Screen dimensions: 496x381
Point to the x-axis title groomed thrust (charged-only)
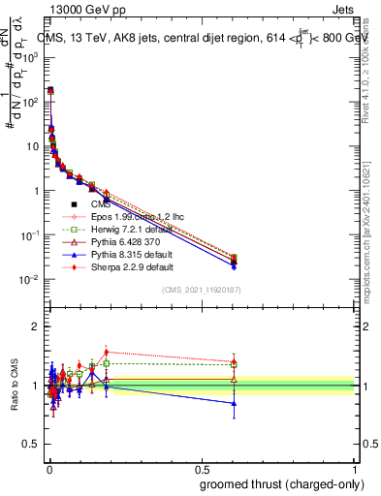tap(280, 483)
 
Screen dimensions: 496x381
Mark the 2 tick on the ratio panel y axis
tap(36, 326)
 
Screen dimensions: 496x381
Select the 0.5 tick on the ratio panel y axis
tap(32, 446)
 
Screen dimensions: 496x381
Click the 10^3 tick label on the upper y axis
tap(31, 57)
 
